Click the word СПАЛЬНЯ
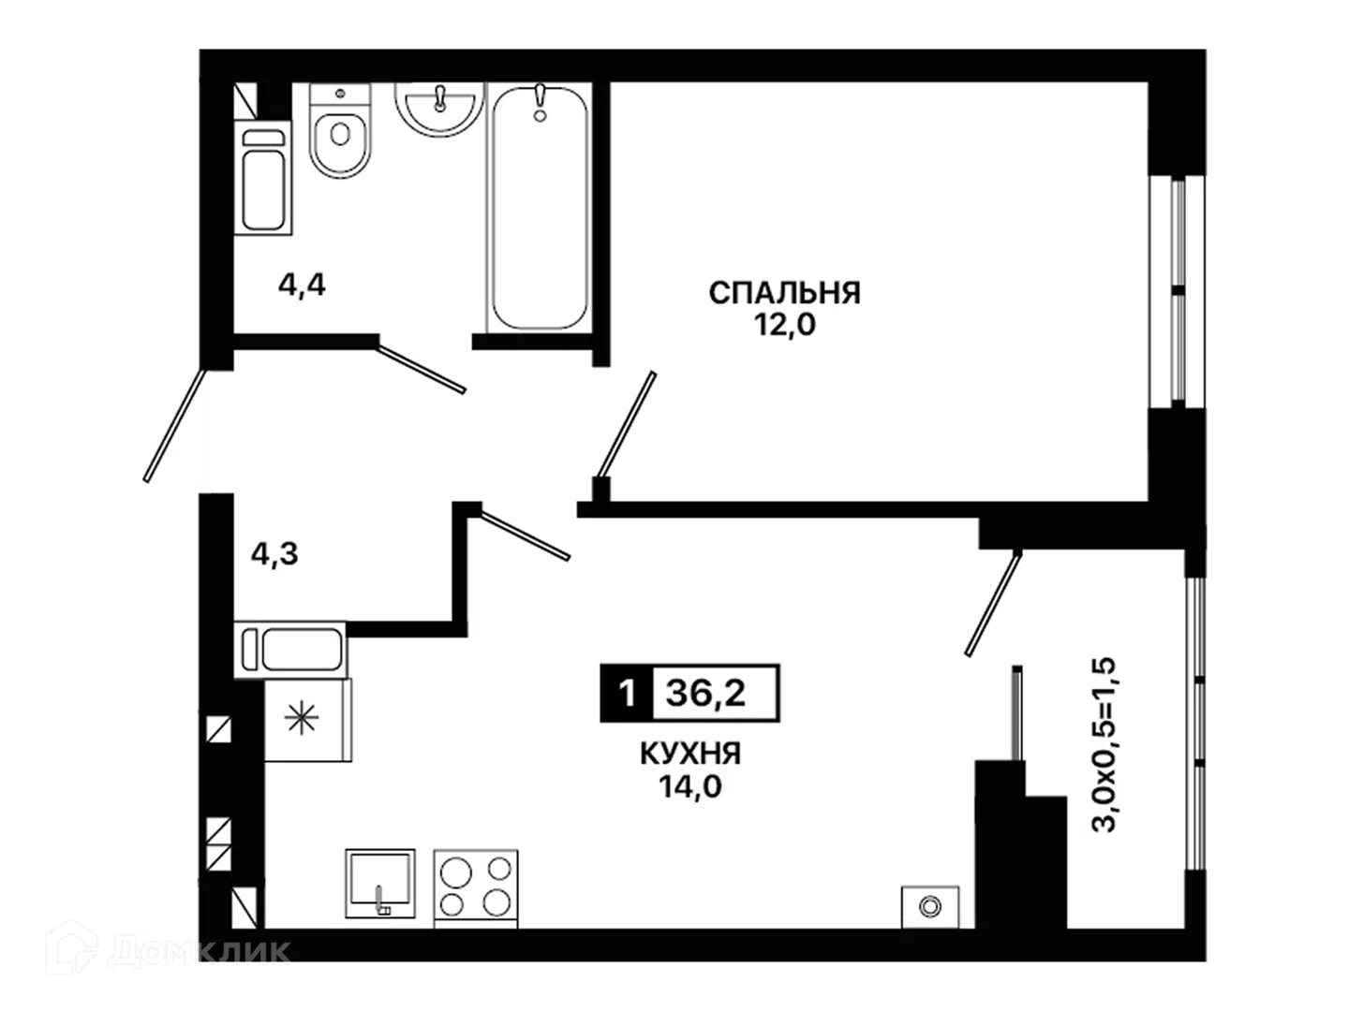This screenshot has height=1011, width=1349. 784,293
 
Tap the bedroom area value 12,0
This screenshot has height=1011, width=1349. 785,325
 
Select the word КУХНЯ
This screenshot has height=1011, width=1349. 690,754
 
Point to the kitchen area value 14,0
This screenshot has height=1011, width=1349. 690,785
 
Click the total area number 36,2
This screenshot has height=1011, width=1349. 705,693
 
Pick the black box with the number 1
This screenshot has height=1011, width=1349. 627,693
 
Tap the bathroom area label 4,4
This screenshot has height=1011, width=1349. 302,285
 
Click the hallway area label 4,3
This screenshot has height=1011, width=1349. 274,553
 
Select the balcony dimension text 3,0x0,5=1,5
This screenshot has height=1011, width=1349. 1104,744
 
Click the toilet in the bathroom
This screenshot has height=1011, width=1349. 340,131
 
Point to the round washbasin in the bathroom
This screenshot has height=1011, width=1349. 438,110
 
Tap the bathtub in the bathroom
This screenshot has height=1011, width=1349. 539,208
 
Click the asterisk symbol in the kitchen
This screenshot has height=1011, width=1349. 302,719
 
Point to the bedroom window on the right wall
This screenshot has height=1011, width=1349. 1177,291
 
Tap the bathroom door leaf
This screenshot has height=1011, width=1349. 421,369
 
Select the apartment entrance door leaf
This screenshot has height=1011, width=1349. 174,425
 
